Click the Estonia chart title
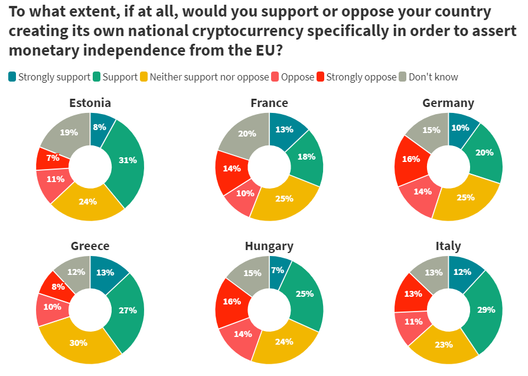pyautogui.click(x=90, y=103)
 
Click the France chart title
pyautogui.click(x=269, y=103)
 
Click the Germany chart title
pyautogui.click(x=448, y=103)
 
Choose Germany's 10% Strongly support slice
pyautogui.click(x=461, y=128)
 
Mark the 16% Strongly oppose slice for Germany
pyautogui.click(x=411, y=159)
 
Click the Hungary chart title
pyautogui.click(x=269, y=246)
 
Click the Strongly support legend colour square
pyautogui.click(x=12, y=77)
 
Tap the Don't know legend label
pyautogui.click(x=433, y=77)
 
